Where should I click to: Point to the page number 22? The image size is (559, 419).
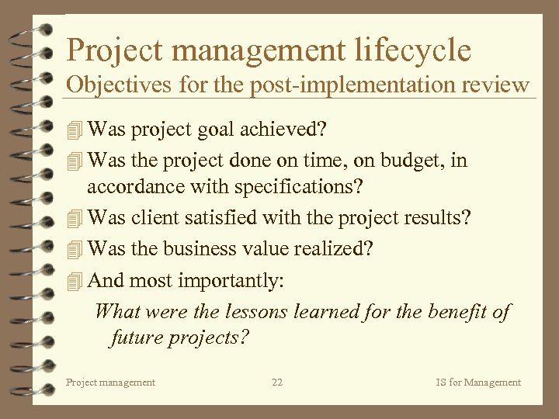coord(277,382)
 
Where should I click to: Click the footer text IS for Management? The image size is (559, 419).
coord(477,382)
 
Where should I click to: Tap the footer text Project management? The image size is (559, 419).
coord(110,382)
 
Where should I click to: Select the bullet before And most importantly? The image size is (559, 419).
coord(74,280)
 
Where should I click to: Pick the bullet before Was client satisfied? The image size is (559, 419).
coord(74,219)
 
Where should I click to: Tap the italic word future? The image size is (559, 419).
coord(137,338)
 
